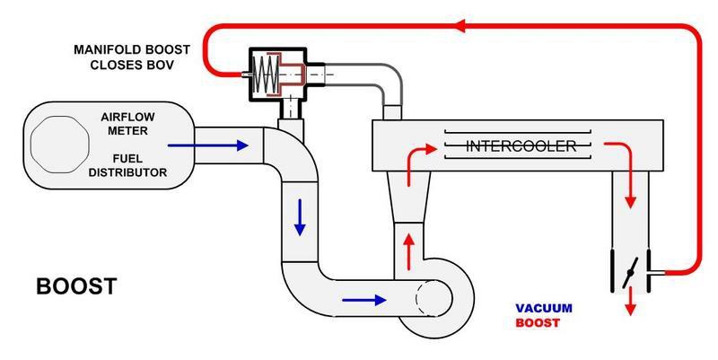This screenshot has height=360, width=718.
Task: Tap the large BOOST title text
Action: pos(76,287)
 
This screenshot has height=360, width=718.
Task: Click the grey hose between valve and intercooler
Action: pos(372,76)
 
